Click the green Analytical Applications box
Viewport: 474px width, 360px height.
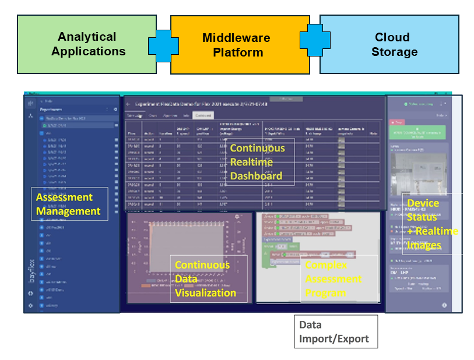coord(87,44)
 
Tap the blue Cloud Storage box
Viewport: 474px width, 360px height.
coord(389,44)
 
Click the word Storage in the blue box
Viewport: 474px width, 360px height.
coord(395,52)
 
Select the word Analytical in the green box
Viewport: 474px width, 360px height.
coord(87,37)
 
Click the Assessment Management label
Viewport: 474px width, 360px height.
coord(69,204)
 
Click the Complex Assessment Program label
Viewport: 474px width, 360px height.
coord(333,279)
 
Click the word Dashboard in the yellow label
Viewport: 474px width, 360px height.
coord(256,176)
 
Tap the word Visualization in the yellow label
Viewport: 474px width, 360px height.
coord(206,293)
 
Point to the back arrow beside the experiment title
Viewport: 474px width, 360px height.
coord(128,104)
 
